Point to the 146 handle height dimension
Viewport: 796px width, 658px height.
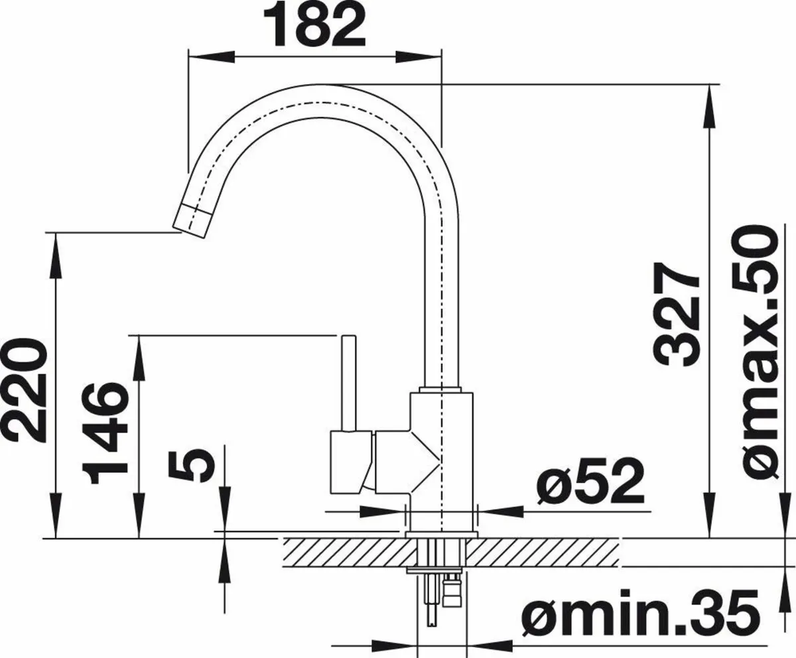tap(106, 427)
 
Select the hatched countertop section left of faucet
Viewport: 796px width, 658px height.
tap(342, 552)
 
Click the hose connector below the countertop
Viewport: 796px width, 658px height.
tap(453, 590)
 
